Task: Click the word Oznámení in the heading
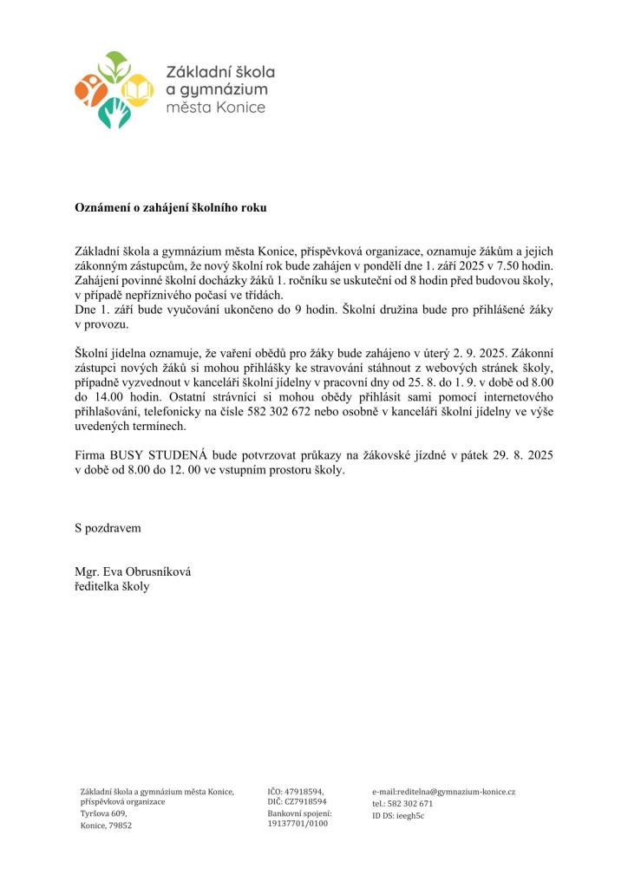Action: tap(101, 208)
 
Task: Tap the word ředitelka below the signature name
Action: tap(98, 587)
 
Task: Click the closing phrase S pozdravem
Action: tap(108, 526)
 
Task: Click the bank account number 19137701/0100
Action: tap(298, 823)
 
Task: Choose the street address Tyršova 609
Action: tap(103, 813)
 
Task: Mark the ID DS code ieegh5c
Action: tap(410, 815)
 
